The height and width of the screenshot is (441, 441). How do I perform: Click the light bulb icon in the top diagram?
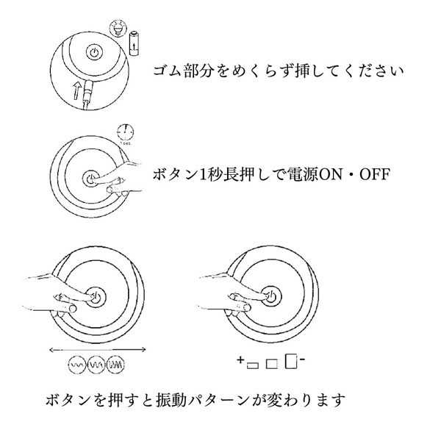coord(118,28)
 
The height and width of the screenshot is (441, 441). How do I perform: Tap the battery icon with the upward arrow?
coord(135,43)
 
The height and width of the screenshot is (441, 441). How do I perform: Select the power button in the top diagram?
coord(94,52)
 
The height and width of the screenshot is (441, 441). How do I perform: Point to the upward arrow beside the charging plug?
coord(77,90)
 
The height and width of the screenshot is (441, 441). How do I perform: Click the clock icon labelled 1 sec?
coord(125,132)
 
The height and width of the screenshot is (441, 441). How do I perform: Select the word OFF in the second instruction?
coord(375,174)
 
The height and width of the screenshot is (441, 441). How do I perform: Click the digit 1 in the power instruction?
coord(203,174)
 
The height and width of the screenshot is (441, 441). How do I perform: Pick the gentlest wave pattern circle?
coord(76,365)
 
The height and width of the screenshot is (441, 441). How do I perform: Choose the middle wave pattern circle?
coord(96,365)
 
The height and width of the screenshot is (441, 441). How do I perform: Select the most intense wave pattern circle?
coord(116,365)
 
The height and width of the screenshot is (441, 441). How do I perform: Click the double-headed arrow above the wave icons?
coord(97,350)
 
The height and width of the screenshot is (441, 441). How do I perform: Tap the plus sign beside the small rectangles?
coord(240,359)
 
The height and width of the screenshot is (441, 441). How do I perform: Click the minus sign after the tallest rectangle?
coord(302,359)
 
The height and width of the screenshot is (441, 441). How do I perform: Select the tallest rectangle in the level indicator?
coord(291,361)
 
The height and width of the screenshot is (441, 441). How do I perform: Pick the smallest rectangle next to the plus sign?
coord(253,365)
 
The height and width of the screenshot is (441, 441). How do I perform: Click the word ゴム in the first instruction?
coord(168,71)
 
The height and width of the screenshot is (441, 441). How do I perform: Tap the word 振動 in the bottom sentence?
coord(171,400)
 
